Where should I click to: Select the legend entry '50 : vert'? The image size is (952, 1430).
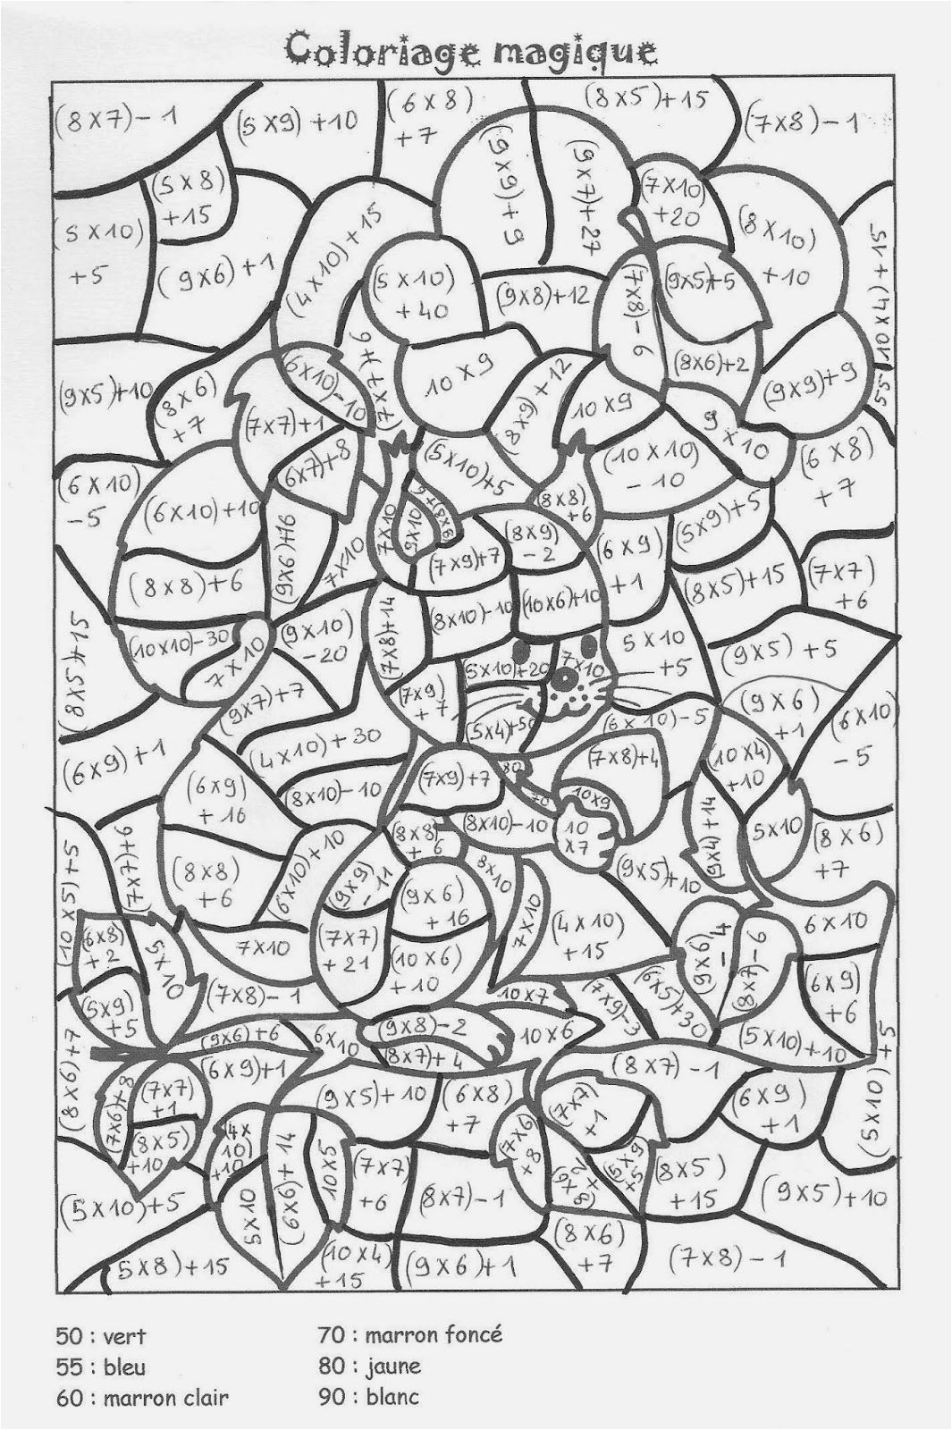click(x=101, y=1338)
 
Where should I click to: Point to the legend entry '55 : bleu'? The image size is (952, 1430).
click(x=101, y=1367)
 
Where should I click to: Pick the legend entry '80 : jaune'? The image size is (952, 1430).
click(x=368, y=1367)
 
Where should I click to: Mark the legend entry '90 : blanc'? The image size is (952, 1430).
click(x=367, y=1396)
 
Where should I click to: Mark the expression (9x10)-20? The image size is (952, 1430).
click(x=313, y=640)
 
